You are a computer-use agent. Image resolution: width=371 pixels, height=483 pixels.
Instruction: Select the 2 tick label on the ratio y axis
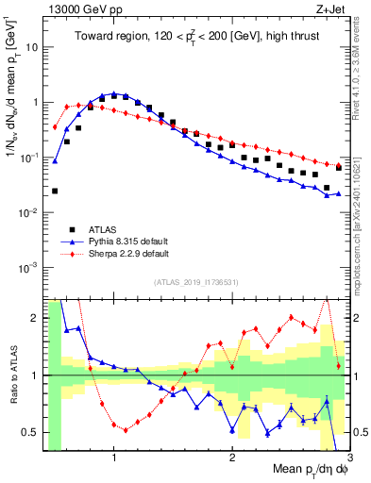(x=34, y=318)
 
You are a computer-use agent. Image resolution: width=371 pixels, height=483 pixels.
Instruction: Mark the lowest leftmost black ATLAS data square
(x=55, y=191)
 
